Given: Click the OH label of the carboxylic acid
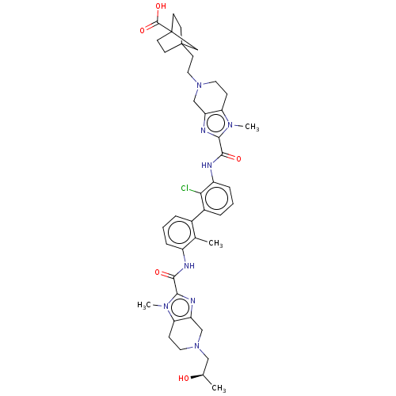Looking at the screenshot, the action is pyautogui.click(x=161, y=6).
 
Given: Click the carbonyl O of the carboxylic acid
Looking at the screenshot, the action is pyautogui.click(x=143, y=31).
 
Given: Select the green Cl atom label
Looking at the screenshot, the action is pyautogui.click(x=185, y=188).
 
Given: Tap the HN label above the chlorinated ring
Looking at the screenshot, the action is pyautogui.click(x=207, y=166).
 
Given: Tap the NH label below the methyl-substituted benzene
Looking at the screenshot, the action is pyautogui.click(x=189, y=266).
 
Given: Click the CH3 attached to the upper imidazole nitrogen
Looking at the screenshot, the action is pyautogui.click(x=252, y=128).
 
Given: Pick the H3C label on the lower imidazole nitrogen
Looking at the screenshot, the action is pyautogui.click(x=144, y=306).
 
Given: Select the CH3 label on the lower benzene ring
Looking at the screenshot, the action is pyautogui.click(x=215, y=243).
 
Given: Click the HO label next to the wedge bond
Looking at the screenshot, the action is pyautogui.click(x=184, y=379).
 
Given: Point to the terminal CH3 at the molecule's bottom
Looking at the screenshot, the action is pyautogui.click(x=219, y=388).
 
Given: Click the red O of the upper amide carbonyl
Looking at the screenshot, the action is pyautogui.click(x=238, y=159).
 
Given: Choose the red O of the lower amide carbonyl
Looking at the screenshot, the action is pyautogui.click(x=158, y=272).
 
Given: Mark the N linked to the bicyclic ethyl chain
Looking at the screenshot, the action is pyautogui.click(x=200, y=86).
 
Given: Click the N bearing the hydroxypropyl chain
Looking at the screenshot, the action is pyautogui.click(x=196, y=346).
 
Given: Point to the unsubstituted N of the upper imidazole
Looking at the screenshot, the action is pyautogui.click(x=204, y=131).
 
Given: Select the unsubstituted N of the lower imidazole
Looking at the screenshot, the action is pyautogui.click(x=192, y=301).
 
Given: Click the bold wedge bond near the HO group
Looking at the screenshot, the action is pyautogui.click(x=196, y=376).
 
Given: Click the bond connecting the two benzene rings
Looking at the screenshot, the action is pyautogui.click(x=197, y=215).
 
